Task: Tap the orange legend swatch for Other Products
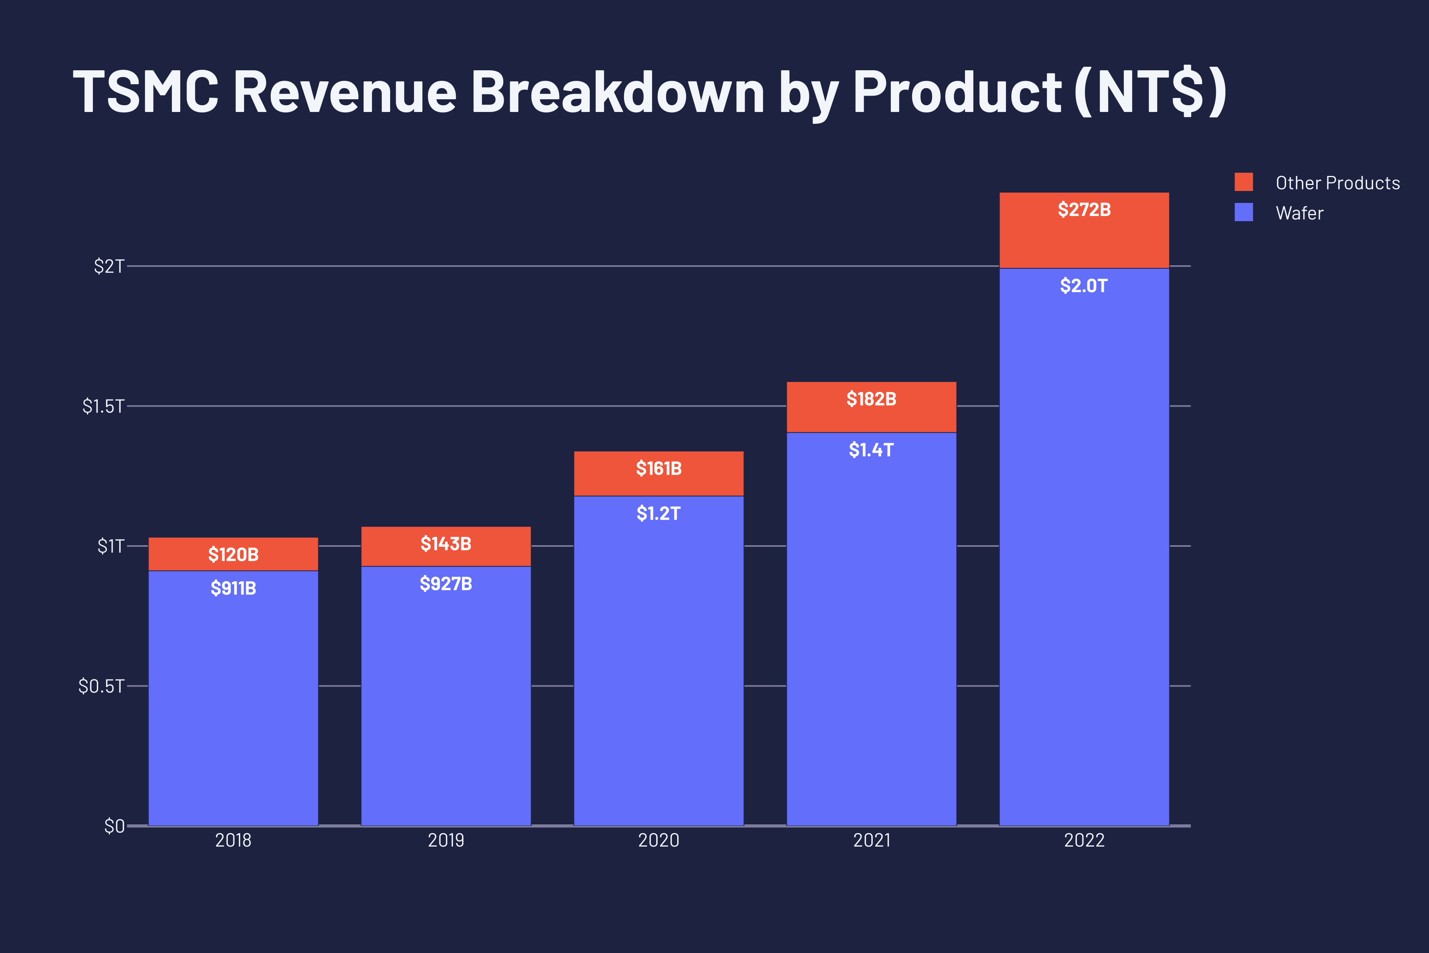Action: [x=1243, y=182]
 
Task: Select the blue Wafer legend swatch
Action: [x=1243, y=212]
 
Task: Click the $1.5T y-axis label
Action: [x=103, y=406]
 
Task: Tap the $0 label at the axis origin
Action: [x=114, y=826]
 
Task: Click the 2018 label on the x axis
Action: [x=233, y=841]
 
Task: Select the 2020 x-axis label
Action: [x=659, y=841]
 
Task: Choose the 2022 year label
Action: [x=1084, y=841]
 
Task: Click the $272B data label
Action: [x=1084, y=210]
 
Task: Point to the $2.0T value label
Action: [x=1084, y=286]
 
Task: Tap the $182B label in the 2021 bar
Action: [x=871, y=399]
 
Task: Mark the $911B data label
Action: [x=233, y=588]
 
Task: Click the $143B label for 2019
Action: [x=446, y=544]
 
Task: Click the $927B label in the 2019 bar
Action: [x=446, y=584]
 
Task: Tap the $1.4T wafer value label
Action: [x=871, y=450]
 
